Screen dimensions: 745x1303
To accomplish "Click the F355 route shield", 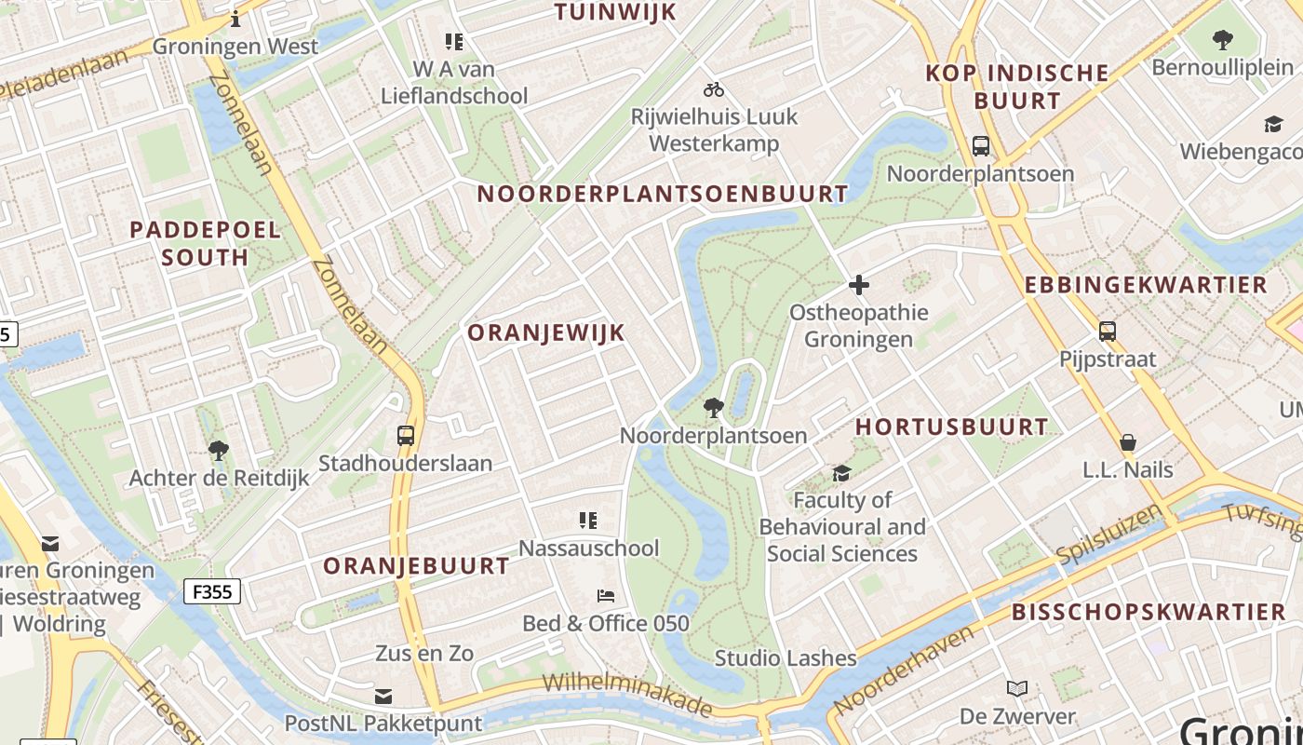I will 212,591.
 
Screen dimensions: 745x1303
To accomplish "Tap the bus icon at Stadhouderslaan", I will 406,435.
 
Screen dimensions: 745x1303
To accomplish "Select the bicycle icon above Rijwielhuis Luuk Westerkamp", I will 714,89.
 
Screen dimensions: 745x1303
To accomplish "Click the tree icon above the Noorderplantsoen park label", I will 714,407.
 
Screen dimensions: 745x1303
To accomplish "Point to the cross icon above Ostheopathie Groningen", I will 858,284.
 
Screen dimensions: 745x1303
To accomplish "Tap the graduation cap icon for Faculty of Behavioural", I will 841,473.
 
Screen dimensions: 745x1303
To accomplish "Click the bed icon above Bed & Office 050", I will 606,595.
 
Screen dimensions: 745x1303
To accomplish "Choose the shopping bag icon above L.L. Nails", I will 1128,441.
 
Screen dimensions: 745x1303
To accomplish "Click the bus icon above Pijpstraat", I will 1108,331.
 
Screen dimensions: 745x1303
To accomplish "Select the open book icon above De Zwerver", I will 1017,689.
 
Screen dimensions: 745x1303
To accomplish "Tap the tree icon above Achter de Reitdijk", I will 219,451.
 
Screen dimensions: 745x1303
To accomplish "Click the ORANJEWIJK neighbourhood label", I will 545,333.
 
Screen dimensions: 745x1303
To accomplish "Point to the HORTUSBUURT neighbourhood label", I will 951,427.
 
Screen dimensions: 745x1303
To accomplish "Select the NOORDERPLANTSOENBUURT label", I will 663,195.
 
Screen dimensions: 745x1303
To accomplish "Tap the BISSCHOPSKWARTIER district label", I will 1149,613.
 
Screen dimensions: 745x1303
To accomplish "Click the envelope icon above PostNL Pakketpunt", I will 383,696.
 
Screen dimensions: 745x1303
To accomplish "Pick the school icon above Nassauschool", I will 587,520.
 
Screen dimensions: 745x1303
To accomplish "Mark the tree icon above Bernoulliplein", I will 1222,40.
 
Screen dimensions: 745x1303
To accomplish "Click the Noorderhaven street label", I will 904,670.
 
